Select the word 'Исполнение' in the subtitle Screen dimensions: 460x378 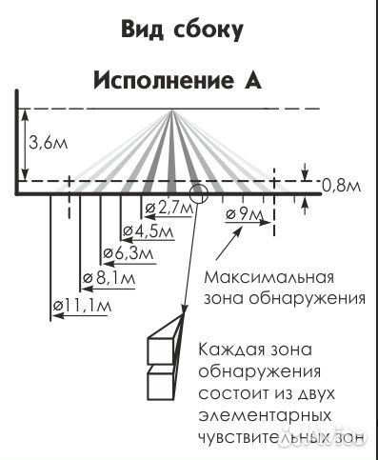(x=160, y=80)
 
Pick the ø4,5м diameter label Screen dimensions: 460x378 (x=148, y=231)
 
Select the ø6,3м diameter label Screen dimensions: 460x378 (x=127, y=254)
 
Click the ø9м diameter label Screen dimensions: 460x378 (x=245, y=214)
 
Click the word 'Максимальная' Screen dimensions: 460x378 (x=269, y=278)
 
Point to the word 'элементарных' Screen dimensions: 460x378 (x=266, y=415)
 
